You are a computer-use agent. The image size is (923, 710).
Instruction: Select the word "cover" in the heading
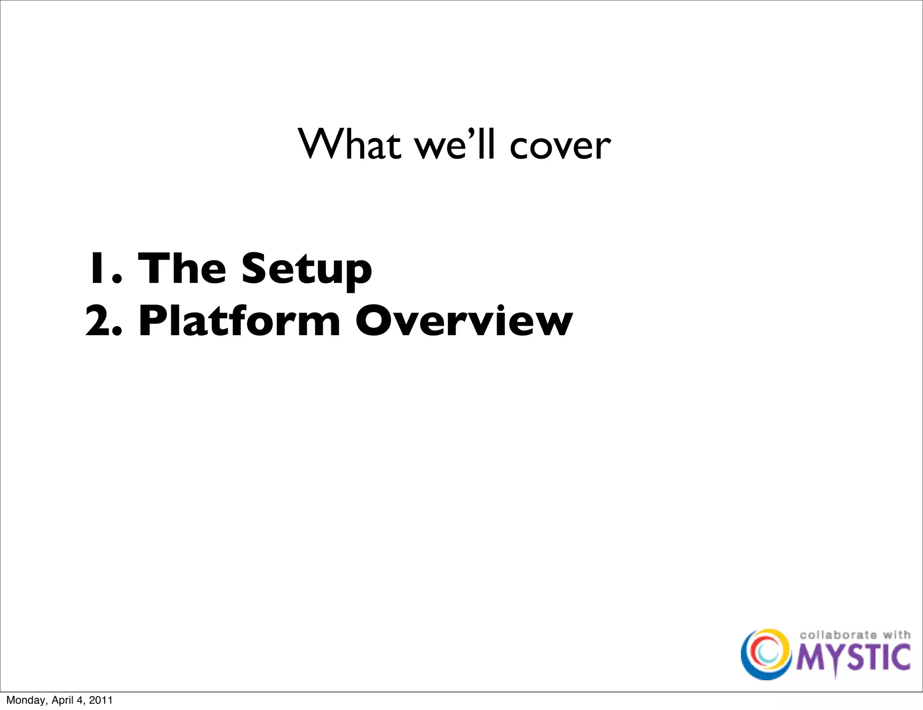coord(560,147)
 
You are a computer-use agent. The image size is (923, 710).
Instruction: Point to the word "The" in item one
coord(182,269)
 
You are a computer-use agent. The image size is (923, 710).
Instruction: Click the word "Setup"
coord(306,269)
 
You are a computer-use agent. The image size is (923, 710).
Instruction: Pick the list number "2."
coord(104,321)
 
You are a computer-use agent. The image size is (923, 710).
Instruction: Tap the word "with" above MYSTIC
coord(896,635)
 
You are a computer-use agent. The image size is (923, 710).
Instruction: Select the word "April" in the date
coord(63,700)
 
